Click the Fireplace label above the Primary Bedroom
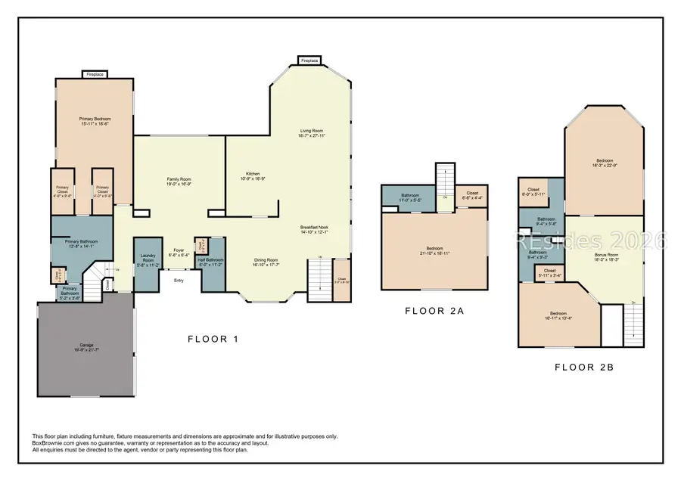(95, 74)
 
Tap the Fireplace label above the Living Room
(309, 60)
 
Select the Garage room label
(86, 346)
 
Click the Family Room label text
(179, 179)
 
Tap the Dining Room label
(266, 260)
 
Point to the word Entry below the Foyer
(179, 281)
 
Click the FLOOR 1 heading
(213, 339)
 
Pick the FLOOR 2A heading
(434, 310)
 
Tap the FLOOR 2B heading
(583, 368)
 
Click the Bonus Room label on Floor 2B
(607, 255)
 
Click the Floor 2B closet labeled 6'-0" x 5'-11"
(533, 192)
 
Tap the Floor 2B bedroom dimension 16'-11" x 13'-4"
(558, 318)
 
